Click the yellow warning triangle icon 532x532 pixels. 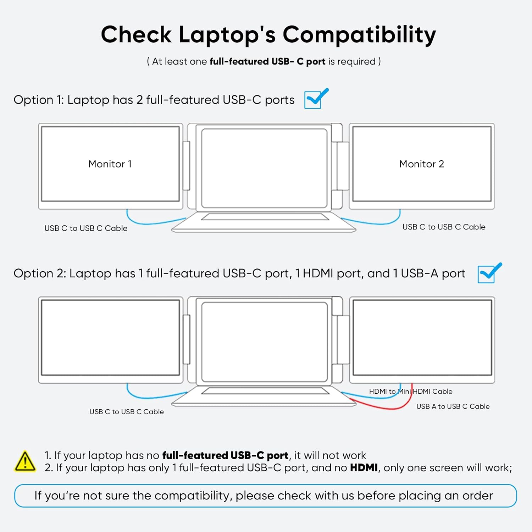tap(25, 461)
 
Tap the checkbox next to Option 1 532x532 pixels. tap(313, 100)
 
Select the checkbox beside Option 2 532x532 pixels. tap(486, 274)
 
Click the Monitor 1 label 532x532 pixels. tap(110, 164)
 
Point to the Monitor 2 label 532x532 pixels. tap(421, 164)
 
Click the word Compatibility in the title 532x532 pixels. tap(359, 35)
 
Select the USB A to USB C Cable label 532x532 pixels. tap(453, 406)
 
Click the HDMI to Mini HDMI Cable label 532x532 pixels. tap(411, 392)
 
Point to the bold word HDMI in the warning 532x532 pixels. tap(364, 468)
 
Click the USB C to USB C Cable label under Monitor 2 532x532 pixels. tap(444, 227)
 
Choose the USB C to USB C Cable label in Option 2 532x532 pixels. tap(127, 412)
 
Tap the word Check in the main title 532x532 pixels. tap(136, 35)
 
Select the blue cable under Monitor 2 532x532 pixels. tap(376, 222)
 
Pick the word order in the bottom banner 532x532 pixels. tap(477, 495)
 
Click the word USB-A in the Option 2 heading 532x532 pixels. tap(420, 273)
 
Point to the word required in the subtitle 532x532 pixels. tap(356, 61)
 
